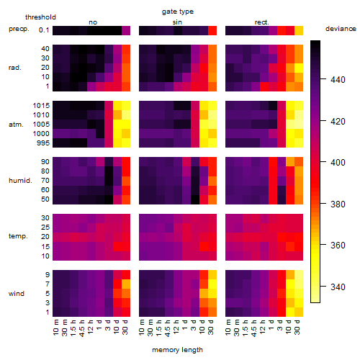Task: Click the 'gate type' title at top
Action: point(178,12)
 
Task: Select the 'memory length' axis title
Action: point(177,350)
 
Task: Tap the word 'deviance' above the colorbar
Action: point(341,29)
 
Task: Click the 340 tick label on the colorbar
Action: point(338,287)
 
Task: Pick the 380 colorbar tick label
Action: point(338,204)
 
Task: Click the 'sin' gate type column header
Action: point(177,22)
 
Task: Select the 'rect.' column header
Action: point(262,22)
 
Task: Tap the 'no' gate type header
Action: point(93,22)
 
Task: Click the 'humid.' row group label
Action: point(20,181)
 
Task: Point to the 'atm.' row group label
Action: point(16,125)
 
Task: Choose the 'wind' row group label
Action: point(17,294)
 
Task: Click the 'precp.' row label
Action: point(19,29)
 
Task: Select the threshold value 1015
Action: point(41,106)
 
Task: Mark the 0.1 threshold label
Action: point(44,30)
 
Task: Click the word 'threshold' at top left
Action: point(40,17)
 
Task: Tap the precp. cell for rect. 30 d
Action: point(299,30)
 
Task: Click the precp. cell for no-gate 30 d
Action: point(126,30)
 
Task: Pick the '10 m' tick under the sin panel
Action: point(142,327)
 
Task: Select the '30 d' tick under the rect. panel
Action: point(297,327)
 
